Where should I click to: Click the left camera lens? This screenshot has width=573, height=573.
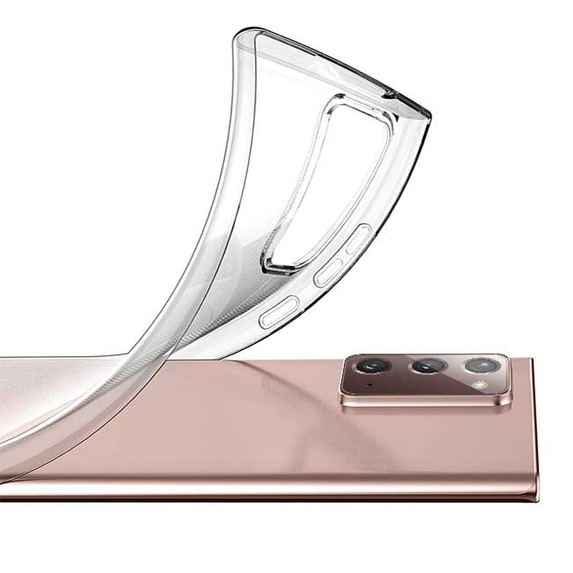pyautogui.click(x=373, y=365)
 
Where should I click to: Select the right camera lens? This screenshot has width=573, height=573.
pyautogui.click(x=483, y=365)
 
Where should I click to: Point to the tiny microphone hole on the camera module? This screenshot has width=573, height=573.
pyautogui.click(x=371, y=385)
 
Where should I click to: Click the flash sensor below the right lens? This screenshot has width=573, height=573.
pyautogui.click(x=481, y=384)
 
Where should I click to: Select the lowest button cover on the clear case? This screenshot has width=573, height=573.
pyautogui.click(x=277, y=312)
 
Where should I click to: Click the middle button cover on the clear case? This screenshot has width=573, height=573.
pyautogui.click(x=329, y=272)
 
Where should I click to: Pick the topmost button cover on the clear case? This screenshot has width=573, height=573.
pyautogui.click(x=358, y=239)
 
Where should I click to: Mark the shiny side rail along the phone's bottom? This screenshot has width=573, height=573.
pyautogui.click(x=267, y=489)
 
